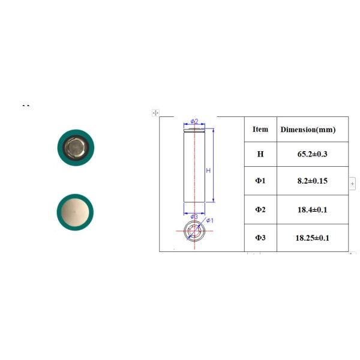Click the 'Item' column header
(x=260, y=129)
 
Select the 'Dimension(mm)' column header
(x=308, y=129)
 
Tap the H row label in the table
(x=260, y=154)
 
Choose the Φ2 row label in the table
(x=260, y=209)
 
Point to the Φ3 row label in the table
(x=260, y=238)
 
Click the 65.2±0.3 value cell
(x=311, y=154)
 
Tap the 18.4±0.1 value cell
(x=311, y=209)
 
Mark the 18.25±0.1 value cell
(x=313, y=238)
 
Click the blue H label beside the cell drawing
(x=208, y=170)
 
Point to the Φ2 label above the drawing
(x=194, y=121)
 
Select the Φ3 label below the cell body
(x=194, y=217)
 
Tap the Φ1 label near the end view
(x=210, y=220)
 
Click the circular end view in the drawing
(x=194, y=232)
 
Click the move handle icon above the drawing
(x=155, y=112)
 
